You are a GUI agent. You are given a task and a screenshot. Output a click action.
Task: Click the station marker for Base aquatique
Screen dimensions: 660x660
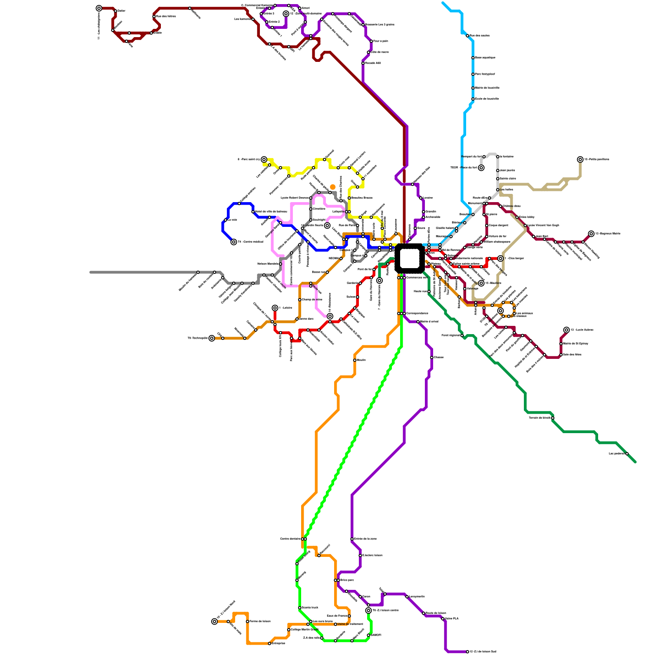coord(473,58)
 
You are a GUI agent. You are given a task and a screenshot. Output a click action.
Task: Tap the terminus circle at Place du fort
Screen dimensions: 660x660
coord(481,168)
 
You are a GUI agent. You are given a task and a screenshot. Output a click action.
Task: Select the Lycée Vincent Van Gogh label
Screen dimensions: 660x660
coord(543,225)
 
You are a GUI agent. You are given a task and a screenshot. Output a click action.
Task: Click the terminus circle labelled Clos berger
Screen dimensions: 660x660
coord(500,259)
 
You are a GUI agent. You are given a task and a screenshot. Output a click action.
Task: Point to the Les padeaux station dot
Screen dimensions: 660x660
coord(627,454)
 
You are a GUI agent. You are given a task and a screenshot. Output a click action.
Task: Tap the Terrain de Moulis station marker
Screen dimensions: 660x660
coord(553,418)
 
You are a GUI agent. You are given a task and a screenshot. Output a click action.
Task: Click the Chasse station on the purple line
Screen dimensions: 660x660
coord(431,358)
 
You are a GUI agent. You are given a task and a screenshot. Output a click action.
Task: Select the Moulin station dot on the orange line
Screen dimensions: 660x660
coord(355,360)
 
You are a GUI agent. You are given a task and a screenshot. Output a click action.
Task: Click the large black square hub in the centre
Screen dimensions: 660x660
coord(410,259)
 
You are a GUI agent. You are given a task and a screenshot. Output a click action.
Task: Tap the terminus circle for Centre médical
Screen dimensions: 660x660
coord(234,242)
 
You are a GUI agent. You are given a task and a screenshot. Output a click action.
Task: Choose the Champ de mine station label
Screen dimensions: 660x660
coord(312,299)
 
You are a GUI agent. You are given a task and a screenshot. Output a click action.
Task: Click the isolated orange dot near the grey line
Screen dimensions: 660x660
coord(332,187)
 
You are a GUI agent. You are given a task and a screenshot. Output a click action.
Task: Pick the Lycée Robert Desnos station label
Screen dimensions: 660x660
coord(295,198)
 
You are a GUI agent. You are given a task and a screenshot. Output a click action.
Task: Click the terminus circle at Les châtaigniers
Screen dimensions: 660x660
coord(99,8)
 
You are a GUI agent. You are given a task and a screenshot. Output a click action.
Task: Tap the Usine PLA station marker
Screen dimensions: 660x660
coord(443,619)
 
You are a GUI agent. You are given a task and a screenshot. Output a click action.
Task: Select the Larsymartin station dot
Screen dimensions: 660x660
coord(407,597)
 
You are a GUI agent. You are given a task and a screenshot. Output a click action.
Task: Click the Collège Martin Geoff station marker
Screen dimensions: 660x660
coord(289,630)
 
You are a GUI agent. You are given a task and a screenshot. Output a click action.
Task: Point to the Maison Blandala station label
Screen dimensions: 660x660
coord(268,264)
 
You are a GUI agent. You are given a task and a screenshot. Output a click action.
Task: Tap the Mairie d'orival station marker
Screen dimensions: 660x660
coord(418,322)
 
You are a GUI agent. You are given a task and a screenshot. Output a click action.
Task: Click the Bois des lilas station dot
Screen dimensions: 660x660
coord(561,355)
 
